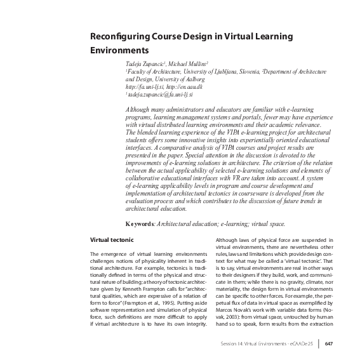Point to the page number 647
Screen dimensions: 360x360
(x=328, y=345)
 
